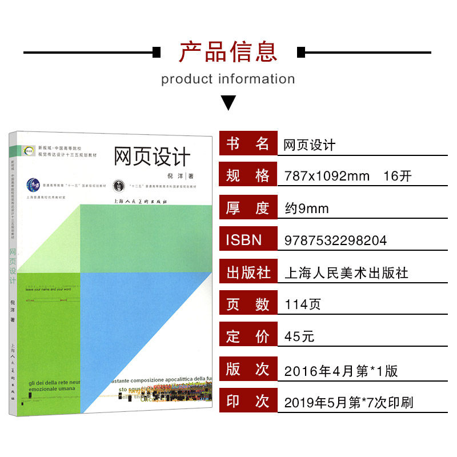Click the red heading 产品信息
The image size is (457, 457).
pos(228,51)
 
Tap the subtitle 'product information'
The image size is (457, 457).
pos(228,79)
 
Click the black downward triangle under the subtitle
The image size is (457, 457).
pos(228,103)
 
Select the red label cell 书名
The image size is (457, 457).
pos(247,144)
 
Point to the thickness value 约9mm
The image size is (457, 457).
pos(307,209)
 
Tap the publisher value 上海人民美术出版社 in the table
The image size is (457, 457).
pos(346,273)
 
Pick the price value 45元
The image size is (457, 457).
pos(299,337)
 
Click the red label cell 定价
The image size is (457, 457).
pos(247,337)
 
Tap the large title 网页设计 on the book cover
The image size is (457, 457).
pos(151,155)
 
